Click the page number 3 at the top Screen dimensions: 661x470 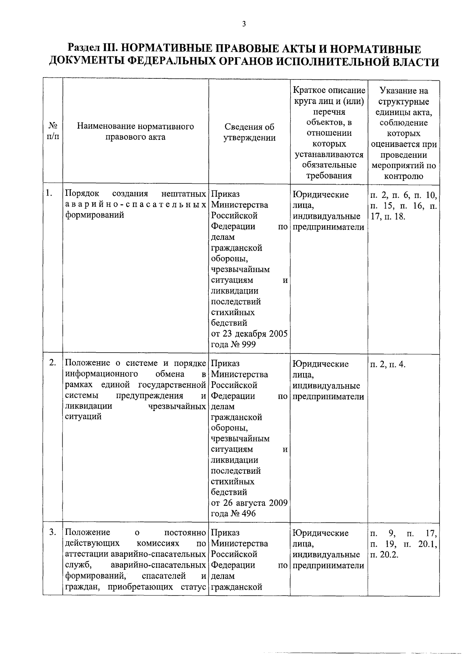click(x=244, y=24)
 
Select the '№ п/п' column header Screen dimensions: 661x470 click(x=53, y=132)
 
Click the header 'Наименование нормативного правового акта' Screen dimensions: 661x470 click(x=136, y=132)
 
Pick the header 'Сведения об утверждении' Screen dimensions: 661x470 click(x=249, y=132)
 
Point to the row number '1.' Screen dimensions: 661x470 click(x=49, y=193)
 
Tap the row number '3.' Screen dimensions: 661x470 click(x=53, y=532)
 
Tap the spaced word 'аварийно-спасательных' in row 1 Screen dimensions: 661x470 click(x=136, y=205)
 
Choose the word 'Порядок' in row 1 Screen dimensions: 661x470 click(x=82, y=194)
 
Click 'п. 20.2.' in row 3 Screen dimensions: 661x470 click(x=384, y=554)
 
